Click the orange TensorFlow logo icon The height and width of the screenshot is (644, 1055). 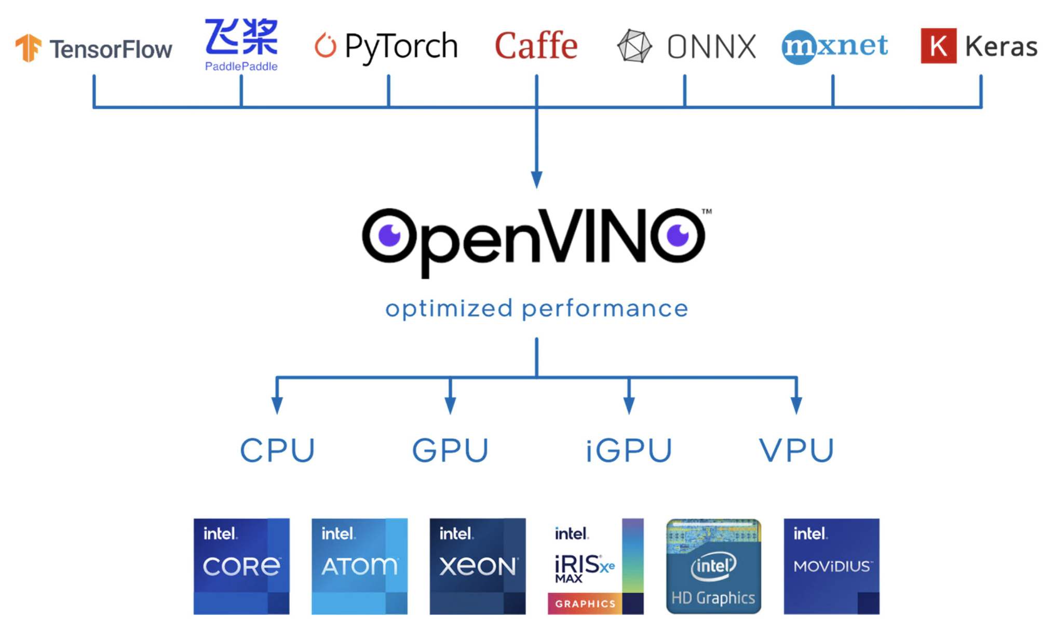pyautogui.click(x=29, y=48)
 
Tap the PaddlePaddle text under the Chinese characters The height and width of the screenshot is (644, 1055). pyautogui.click(x=241, y=66)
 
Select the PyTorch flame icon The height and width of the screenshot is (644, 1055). pyautogui.click(x=326, y=46)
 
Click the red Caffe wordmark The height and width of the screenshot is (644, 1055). pyautogui.click(x=536, y=46)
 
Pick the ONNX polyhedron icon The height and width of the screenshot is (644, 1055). pyautogui.click(x=634, y=47)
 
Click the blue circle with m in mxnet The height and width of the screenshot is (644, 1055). pyautogui.click(x=799, y=47)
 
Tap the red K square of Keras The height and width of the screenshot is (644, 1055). pyautogui.click(x=938, y=46)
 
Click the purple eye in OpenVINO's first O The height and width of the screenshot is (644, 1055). pyautogui.click(x=389, y=236)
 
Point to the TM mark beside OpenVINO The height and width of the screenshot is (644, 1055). pyautogui.click(x=707, y=212)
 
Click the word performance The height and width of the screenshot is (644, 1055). pyautogui.click(x=605, y=309)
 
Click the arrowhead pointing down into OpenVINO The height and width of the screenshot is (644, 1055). pyautogui.click(x=537, y=179)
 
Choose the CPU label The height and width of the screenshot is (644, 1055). pyautogui.click(x=277, y=450)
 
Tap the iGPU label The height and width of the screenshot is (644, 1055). pyautogui.click(x=629, y=450)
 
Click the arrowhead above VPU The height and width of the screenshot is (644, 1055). pyautogui.click(x=796, y=405)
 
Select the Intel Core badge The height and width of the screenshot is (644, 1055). pyautogui.click(x=241, y=566)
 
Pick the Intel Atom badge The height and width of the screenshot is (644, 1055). pyautogui.click(x=359, y=566)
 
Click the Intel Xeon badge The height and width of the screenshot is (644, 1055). pyautogui.click(x=478, y=566)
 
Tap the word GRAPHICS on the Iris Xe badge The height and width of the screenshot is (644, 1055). pyautogui.click(x=585, y=604)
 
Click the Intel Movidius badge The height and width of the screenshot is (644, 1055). pyautogui.click(x=831, y=566)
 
